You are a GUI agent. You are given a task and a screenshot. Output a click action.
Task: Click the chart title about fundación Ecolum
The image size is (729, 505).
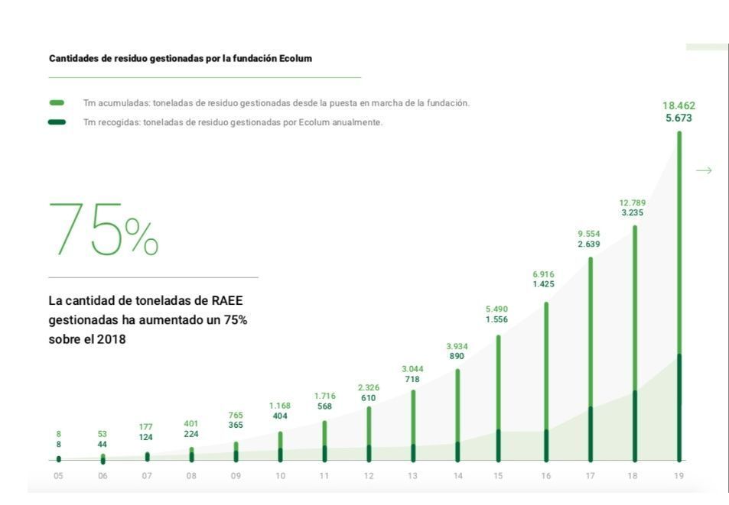pos(181,58)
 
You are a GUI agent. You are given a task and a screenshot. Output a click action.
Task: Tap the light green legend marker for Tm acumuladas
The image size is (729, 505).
pos(57,102)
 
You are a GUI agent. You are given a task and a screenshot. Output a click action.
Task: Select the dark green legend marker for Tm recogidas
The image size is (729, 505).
pos(57,122)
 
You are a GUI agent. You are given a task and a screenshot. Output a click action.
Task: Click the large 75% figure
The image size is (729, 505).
pos(104,228)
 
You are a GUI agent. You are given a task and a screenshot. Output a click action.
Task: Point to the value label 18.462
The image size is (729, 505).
pos(679,105)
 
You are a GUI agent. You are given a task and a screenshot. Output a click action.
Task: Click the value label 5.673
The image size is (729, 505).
pos(679,118)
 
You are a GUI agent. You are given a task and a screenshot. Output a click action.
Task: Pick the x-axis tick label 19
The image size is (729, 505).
pos(679,476)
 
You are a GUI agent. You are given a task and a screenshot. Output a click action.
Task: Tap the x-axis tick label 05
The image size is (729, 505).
pos(58,476)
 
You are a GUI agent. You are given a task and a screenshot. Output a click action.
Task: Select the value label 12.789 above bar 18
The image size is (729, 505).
pos(633,202)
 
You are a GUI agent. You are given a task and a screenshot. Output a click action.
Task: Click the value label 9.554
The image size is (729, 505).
pos(590,234)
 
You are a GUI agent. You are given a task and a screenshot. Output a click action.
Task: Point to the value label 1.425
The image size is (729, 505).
pos(544,284)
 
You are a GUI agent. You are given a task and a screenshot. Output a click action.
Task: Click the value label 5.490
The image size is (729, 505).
pos(496,309)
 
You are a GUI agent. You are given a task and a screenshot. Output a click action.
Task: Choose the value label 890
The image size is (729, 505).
pos(457,356)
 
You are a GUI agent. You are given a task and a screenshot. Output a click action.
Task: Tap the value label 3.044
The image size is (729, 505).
pos(412,369)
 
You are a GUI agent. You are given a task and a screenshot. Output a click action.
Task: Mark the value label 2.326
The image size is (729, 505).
pos(369,387)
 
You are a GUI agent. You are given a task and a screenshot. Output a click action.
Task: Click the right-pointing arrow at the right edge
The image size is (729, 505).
pos(704,170)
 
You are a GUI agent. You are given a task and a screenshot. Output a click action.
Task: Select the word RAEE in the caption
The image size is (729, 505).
pos(232,301)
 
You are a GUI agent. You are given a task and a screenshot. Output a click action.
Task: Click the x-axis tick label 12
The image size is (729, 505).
pos(369,476)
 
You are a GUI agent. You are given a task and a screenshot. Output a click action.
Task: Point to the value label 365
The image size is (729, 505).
pos(236,425)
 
